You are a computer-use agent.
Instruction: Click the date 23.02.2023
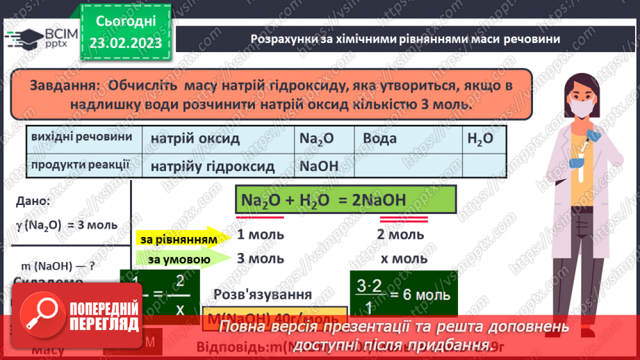[126, 43]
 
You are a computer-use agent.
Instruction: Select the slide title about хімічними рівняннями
[405, 39]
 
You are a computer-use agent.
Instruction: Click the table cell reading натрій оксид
[195, 138]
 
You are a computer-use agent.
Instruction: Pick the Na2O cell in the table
[317, 138]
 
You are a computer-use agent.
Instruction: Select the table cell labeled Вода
[380, 138]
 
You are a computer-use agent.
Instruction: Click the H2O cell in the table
[480, 138]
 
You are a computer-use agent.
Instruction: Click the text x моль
[404, 259]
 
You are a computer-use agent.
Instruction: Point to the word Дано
[31, 202]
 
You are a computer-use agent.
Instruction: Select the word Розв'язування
[263, 293]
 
